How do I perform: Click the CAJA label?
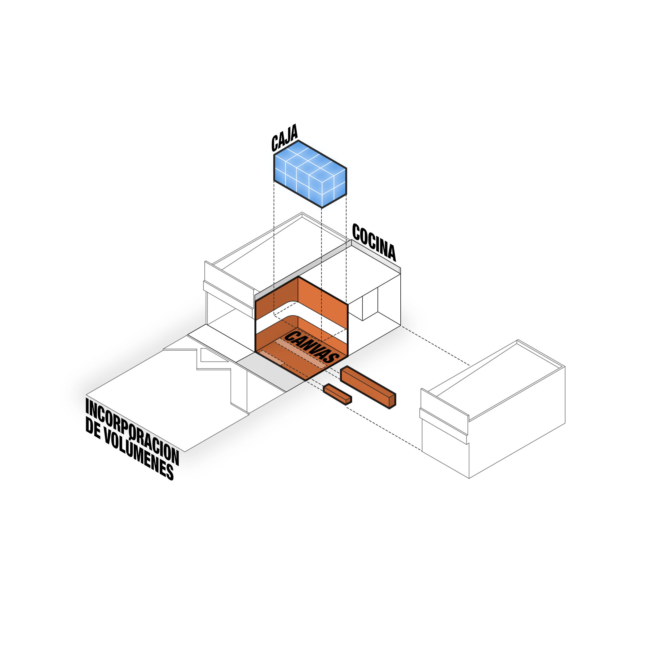tap(284, 138)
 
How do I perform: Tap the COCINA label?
tap(374, 242)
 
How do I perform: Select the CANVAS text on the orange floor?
tap(311, 347)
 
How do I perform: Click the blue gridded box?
tap(310, 174)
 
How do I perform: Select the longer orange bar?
tap(368, 387)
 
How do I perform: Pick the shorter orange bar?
tap(337, 394)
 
